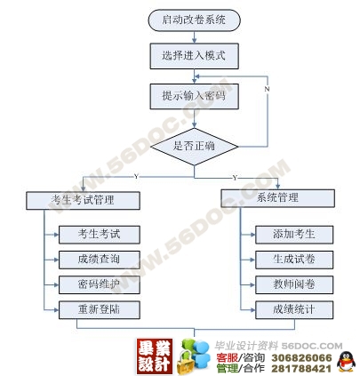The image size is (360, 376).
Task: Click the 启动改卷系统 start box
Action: point(194,20)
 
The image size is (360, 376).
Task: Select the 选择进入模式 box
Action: point(194,56)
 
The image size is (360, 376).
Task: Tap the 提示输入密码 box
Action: point(194,96)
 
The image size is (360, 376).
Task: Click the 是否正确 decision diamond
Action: point(194,147)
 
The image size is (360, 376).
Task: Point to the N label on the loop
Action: point(267,89)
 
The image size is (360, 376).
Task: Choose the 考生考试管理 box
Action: point(83,201)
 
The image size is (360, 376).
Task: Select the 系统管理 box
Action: point(277,198)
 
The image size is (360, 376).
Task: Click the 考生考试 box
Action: point(100,235)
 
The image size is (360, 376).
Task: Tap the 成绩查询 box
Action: point(100,260)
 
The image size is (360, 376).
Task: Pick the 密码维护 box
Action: point(100,284)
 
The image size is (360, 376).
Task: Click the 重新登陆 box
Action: point(100,310)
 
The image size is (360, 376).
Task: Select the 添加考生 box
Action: point(294,235)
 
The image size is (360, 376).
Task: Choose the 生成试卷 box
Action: point(294,260)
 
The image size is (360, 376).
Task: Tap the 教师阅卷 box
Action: point(294,284)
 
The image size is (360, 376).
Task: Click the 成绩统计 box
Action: point(294,310)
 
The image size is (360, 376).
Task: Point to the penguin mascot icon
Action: point(347,362)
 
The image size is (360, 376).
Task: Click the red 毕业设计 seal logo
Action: point(155,356)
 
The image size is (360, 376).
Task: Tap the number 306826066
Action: point(301,358)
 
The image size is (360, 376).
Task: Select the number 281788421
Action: point(301,368)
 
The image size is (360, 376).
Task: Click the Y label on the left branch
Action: point(136,177)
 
